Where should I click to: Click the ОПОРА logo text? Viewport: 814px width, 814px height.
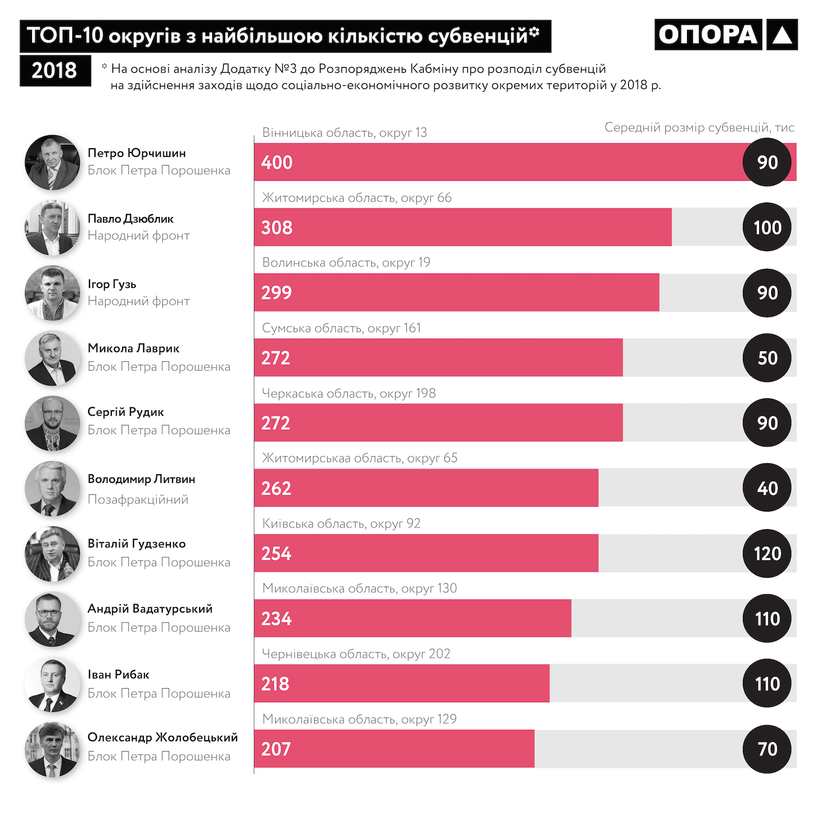pyautogui.click(x=708, y=35)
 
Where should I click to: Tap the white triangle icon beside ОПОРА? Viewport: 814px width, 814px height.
pyautogui.click(x=782, y=35)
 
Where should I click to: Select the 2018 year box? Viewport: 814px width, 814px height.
pyautogui.click(x=55, y=71)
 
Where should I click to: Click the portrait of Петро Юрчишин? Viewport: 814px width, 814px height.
pyautogui.click(x=52, y=162)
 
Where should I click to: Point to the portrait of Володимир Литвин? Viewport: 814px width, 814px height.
pyautogui.click(x=52, y=488)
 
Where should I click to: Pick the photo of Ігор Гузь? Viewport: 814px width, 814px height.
pyautogui.click(x=52, y=292)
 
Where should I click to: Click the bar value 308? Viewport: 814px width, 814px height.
pyautogui.click(x=277, y=227)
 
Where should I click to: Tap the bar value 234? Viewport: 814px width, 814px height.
pyautogui.click(x=276, y=619)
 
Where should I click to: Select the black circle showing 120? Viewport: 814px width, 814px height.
pyautogui.click(x=767, y=554)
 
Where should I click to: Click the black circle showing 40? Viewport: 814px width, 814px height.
pyautogui.click(x=767, y=488)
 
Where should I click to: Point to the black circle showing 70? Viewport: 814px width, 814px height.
pyautogui.click(x=767, y=749)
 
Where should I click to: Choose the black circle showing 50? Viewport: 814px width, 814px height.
pyautogui.click(x=767, y=358)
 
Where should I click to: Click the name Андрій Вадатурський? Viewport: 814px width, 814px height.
pyautogui.click(x=150, y=609)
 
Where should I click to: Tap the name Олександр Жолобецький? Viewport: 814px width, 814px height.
pyautogui.click(x=162, y=737)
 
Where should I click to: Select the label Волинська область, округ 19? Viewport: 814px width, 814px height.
pyautogui.click(x=346, y=263)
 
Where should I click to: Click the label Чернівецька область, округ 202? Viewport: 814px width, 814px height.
pyautogui.click(x=356, y=654)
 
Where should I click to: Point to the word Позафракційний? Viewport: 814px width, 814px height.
pyautogui.click(x=138, y=499)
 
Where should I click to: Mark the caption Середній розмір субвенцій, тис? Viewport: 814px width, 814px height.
pyautogui.click(x=699, y=128)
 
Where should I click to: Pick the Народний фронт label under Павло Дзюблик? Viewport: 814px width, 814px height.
pyautogui.click(x=138, y=236)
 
